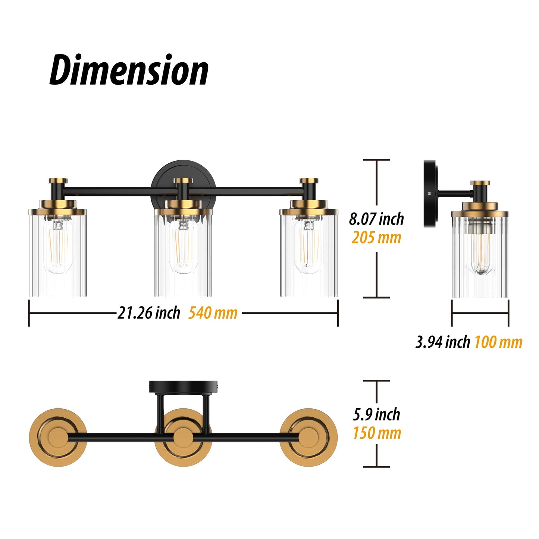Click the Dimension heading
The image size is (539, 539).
click(129, 70)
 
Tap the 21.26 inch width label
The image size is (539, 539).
click(148, 313)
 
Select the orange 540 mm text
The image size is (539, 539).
click(213, 313)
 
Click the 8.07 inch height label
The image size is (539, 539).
click(376, 219)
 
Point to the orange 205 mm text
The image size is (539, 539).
click(376, 238)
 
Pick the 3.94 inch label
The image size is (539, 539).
click(443, 342)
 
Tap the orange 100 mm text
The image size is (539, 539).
click(498, 342)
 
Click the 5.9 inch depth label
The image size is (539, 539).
click(376, 414)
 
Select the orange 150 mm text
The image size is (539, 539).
click(377, 433)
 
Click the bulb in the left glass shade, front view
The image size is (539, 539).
click(57, 246)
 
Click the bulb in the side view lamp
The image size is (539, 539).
click(480, 250)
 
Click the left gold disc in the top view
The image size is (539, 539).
click(57, 437)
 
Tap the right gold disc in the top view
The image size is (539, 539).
click(308, 437)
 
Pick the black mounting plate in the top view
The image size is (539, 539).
click(183, 386)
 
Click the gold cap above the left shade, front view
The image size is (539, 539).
click(58, 181)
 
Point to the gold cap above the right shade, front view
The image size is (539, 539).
click(309, 181)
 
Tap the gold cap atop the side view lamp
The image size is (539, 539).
click(480, 183)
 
